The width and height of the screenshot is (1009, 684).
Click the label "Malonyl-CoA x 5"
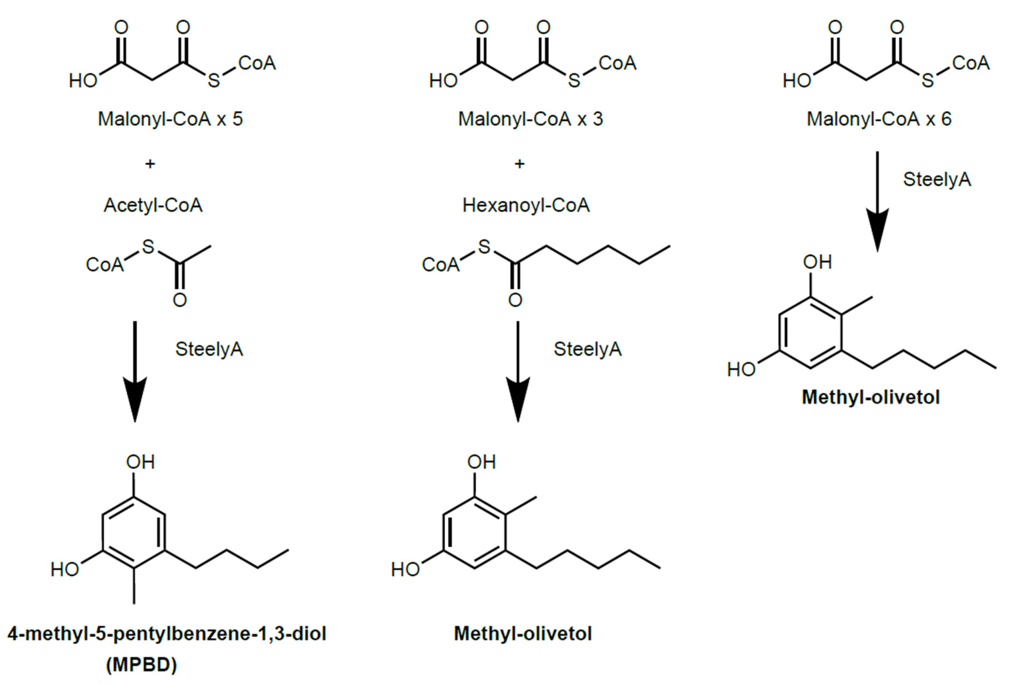click(x=170, y=119)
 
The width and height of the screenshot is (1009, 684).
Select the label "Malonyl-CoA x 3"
click(x=530, y=119)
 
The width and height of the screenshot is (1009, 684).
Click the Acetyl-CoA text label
click(x=153, y=205)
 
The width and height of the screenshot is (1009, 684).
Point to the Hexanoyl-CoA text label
click(x=526, y=205)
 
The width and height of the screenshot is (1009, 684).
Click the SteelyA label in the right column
click(x=937, y=179)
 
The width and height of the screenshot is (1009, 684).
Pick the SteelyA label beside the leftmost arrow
click(x=209, y=349)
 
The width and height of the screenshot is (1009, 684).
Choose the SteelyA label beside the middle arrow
click(x=587, y=349)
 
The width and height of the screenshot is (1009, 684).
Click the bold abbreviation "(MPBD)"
click(x=142, y=665)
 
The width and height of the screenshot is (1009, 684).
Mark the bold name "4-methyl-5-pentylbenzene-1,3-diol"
click(x=167, y=634)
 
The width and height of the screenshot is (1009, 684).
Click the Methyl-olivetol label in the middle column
click(x=523, y=634)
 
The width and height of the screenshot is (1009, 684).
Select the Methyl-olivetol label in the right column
click(x=871, y=397)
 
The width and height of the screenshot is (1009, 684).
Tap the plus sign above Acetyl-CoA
click(x=150, y=164)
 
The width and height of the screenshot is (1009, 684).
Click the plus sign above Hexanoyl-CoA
click(x=519, y=164)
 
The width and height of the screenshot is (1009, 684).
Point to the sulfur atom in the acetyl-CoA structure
click(x=148, y=247)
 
